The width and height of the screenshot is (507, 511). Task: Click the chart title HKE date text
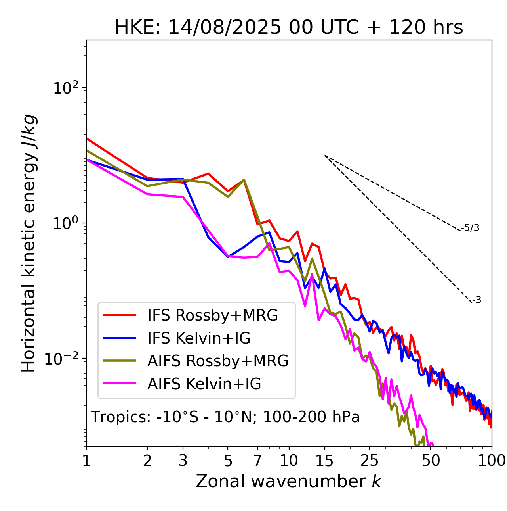click(x=289, y=28)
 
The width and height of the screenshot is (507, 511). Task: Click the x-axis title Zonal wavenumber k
click(x=288, y=481)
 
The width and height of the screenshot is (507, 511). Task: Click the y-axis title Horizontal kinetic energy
click(x=29, y=243)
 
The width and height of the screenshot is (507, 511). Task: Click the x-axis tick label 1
click(x=86, y=461)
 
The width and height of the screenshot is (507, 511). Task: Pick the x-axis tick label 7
click(x=257, y=461)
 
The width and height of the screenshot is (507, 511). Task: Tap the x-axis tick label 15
click(x=325, y=461)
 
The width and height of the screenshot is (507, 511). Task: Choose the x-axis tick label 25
click(x=370, y=461)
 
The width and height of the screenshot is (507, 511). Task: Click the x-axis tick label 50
click(x=431, y=461)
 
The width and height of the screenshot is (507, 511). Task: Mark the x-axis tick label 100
click(x=492, y=461)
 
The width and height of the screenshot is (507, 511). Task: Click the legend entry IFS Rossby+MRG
click(x=212, y=315)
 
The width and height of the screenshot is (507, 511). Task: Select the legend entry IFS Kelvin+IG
click(x=199, y=338)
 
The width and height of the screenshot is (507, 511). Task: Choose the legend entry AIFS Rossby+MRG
click(x=218, y=361)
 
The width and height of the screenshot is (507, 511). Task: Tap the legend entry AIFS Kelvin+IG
click(x=204, y=384)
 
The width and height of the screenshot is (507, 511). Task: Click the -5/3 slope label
click(x=470, y=228)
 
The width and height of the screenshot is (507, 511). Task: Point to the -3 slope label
click(x=477, y=300)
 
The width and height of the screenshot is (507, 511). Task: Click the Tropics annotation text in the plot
click(x=225, y=417)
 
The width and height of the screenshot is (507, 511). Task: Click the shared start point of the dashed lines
click(x=325, y=156)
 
